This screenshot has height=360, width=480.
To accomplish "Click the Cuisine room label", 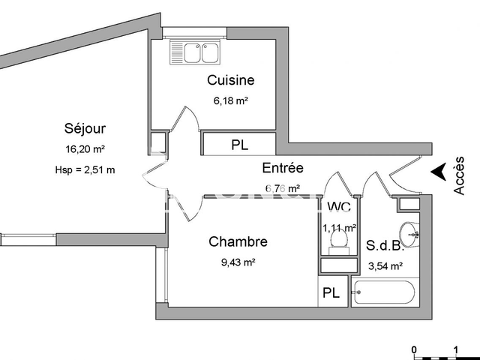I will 230,80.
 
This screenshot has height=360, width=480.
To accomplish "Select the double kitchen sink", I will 194,52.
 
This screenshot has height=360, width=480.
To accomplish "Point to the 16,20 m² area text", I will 85,148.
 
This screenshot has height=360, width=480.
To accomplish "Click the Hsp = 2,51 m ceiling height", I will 85,169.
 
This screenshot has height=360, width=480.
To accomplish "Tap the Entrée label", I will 282,168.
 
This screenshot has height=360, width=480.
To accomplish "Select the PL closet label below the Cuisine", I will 239,145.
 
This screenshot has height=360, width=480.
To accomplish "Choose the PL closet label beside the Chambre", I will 331,293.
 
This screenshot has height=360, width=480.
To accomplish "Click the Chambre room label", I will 238,241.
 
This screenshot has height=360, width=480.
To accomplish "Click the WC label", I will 339,208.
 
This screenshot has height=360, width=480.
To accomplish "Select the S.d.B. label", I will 384,245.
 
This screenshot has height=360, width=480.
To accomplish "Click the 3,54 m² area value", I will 385,265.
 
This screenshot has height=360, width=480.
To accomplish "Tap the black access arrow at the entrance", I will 437,172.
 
